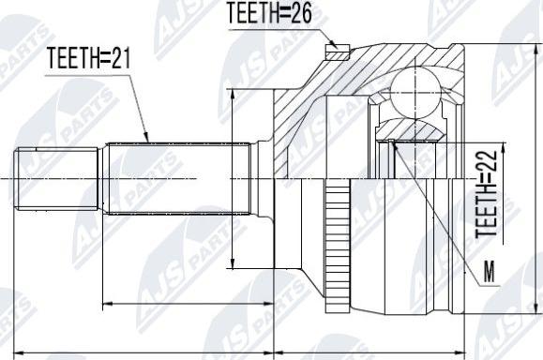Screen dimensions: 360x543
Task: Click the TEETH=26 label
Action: (270, 13)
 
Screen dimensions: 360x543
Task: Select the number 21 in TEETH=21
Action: (119, 59)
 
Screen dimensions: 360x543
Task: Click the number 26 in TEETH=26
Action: (301, 13)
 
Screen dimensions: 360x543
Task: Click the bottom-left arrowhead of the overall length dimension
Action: (21, 353)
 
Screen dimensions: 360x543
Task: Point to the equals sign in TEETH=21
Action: (102, 59)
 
